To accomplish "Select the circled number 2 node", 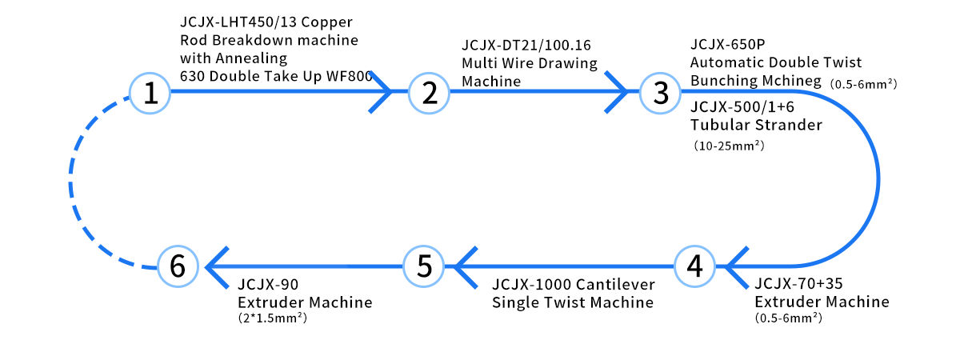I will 429,93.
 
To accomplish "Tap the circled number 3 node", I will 660,93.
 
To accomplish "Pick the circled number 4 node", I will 694,266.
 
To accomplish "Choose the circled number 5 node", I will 424,266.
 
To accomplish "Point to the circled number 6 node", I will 178,266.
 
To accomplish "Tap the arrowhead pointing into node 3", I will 620,92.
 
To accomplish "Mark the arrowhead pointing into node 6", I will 214,266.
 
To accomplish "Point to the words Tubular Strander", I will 756,125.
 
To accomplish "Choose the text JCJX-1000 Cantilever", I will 574,284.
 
